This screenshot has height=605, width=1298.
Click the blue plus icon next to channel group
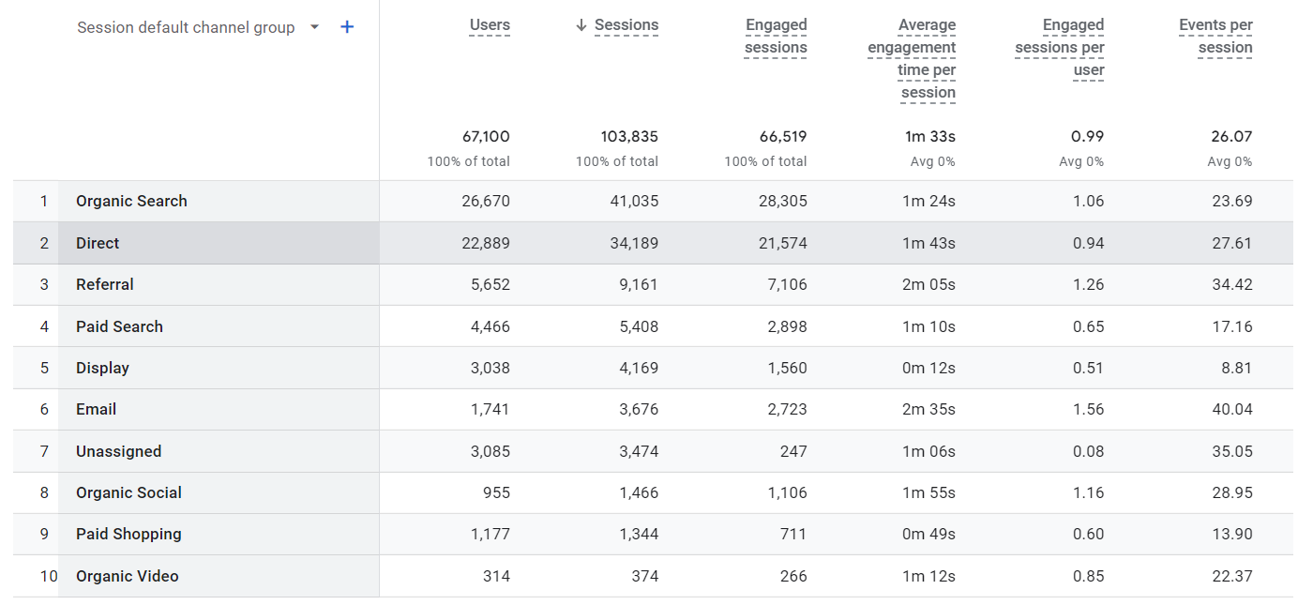point(347,27)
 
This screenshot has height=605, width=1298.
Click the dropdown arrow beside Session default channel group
point(314,27)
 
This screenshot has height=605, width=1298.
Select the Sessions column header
point(626,25)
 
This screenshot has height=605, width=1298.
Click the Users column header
point(490,25)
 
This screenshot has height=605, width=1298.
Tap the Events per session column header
point(1215,37)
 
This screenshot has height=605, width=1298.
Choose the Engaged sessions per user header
point(1060,48)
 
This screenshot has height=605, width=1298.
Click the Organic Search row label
point(131,201)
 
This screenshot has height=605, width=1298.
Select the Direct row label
point(98,243)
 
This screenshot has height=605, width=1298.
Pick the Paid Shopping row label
point(128,534)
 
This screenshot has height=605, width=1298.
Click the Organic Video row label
point(127,576)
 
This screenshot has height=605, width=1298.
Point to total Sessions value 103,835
point(629,137)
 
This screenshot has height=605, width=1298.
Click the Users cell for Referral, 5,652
point(491,284)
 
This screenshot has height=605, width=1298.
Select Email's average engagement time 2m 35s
point(928,409)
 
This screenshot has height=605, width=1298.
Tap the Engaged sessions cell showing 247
point(793,451)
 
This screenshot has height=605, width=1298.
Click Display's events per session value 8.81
point(1236,368)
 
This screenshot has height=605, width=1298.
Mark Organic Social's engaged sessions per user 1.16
point(1088,492)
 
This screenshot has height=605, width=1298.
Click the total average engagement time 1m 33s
point(929,137)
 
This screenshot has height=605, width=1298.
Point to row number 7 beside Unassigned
point(44,451)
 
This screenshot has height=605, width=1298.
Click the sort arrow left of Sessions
point(581,25)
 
